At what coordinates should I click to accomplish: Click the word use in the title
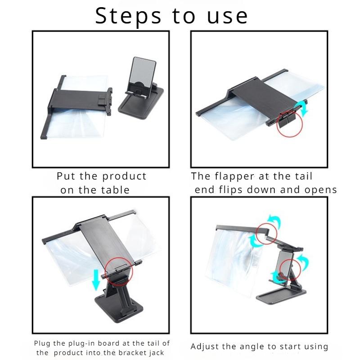pos(227,17)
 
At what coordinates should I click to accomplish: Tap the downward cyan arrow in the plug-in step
pos(96,280)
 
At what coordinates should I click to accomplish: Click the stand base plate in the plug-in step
pos(119,308)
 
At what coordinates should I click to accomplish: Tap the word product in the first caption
pos(124,176)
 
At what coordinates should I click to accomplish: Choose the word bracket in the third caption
pos(130,352)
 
